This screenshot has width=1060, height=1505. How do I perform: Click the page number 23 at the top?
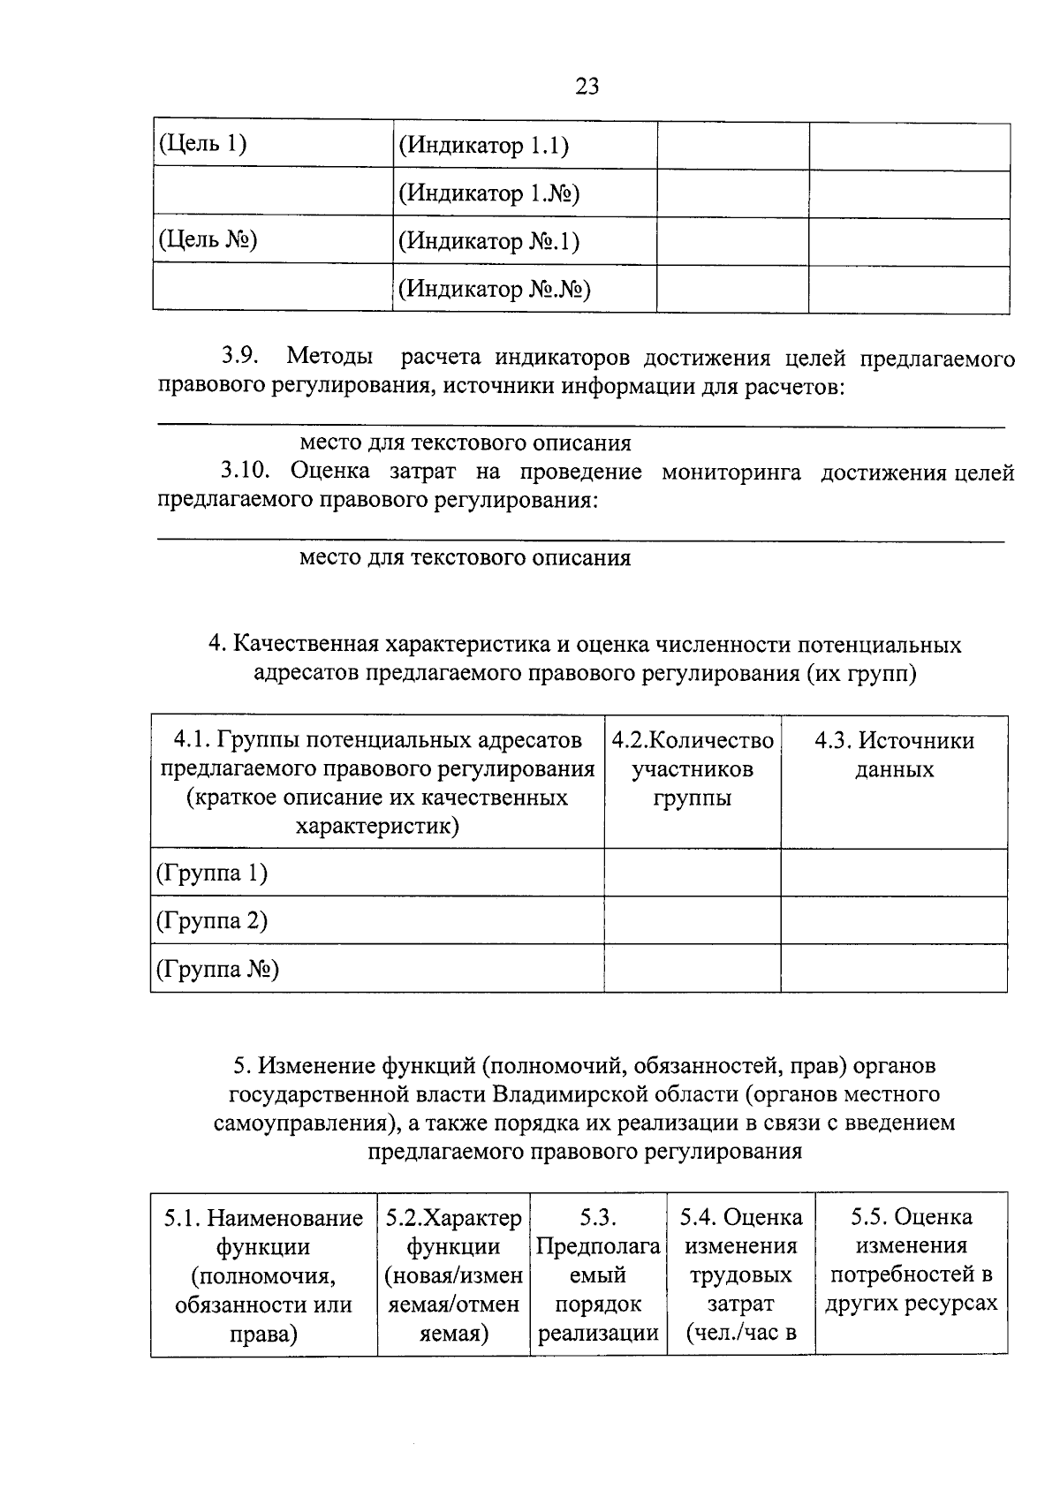pyautogui.click(x=587, y=86)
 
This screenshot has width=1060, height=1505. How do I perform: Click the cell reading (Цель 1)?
pyautogui.click(x=201, y=145)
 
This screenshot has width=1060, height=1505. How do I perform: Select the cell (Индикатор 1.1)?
pyautogui.click(x=483, y=146)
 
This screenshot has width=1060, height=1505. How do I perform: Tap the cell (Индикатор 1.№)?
pyautogui.click(x=488, y=193)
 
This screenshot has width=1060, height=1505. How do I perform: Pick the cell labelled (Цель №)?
pyautogui.click(x=207, y=240)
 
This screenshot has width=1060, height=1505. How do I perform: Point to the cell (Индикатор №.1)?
pyautogui.click(x=488, y=241)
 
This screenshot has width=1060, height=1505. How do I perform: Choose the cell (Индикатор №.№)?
pyautogui.click(x=494, y=289)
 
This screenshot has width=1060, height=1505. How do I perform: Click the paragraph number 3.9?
pyautogui.click(x=239, y=357)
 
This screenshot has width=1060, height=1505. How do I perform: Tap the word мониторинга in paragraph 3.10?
pyautogui.click(x=731, y=472)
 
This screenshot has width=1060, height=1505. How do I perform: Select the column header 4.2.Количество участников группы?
pyautogui.click(x=693, y=769)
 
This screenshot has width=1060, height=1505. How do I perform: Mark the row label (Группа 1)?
pyautogui.click(x=212, y=874)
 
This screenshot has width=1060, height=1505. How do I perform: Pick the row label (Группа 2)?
pyautogui.click(x=212, y=921)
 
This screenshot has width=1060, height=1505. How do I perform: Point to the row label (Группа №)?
pyautogui.click(x=217, y=970)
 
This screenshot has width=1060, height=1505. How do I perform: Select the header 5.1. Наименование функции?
pyautogui.click(x=263, y=1274)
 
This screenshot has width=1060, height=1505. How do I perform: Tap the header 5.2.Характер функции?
pyautogui.click(x=453, y=1274)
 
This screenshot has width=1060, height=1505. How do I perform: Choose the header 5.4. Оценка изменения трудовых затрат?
pyautogui.click(x=740, y=1274)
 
